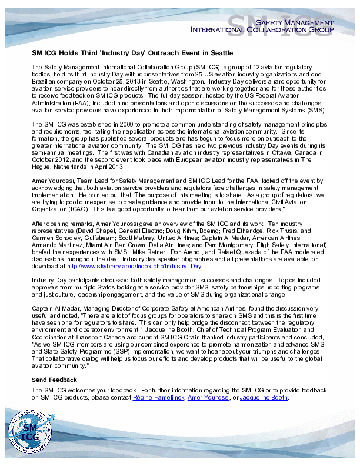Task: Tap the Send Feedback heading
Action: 54,380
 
